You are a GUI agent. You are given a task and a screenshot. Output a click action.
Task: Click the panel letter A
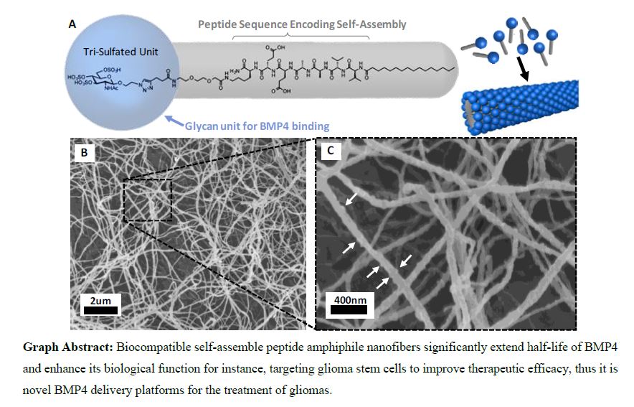click(72, 24)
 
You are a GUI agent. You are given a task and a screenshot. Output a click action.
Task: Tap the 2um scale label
click(101, 300)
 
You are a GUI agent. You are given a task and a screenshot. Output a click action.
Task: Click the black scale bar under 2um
click(101, 310)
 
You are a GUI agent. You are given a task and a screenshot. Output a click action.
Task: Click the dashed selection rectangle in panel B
click(148, 200)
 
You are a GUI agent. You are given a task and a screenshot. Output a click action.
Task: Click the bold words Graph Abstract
click(66, 347)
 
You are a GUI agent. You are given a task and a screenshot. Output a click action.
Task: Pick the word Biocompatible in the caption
click(152, 347)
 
